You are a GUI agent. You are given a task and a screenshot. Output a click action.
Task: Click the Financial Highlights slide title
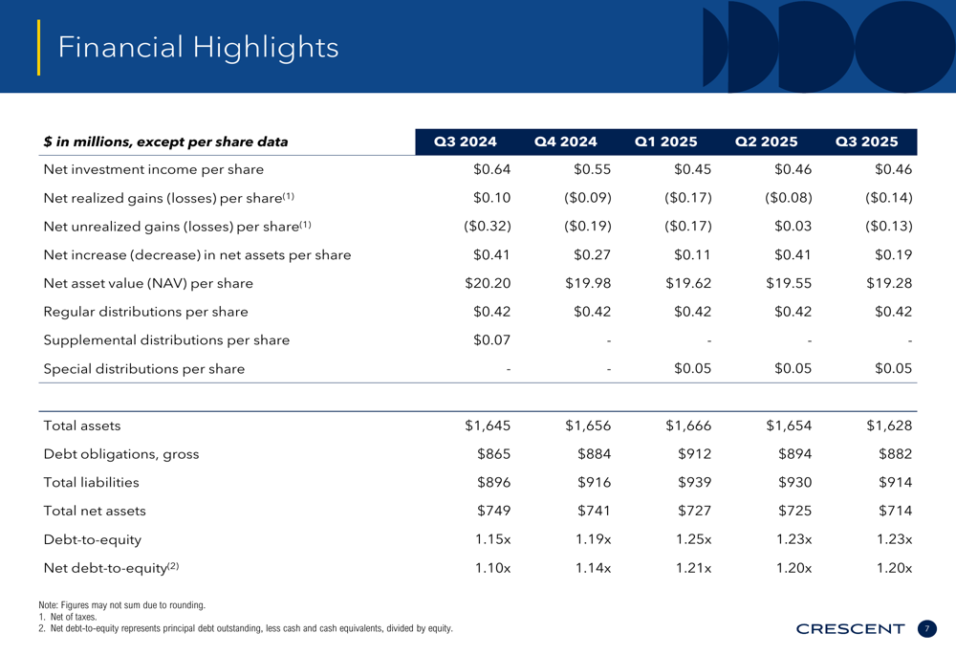click(198, 47)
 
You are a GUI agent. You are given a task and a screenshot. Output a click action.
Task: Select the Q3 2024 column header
click(466, 142)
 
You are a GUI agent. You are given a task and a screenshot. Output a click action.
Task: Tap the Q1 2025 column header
click(666, 142)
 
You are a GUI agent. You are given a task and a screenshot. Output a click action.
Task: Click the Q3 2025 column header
click(867, 142)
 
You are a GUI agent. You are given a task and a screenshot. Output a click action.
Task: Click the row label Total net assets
click(95, 511)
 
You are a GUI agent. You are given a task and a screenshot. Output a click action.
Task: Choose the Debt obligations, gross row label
click(121, 454)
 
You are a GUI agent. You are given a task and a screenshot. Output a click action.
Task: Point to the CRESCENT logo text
click(850, 628)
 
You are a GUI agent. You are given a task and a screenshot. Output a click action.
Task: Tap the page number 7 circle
click(926, 628)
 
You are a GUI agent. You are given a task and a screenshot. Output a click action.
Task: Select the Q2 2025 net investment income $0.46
click(791, 169)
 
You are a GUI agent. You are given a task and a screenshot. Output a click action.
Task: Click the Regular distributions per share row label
click(145, 312)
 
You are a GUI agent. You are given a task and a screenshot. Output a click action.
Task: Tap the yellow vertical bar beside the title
click(39, 47)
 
